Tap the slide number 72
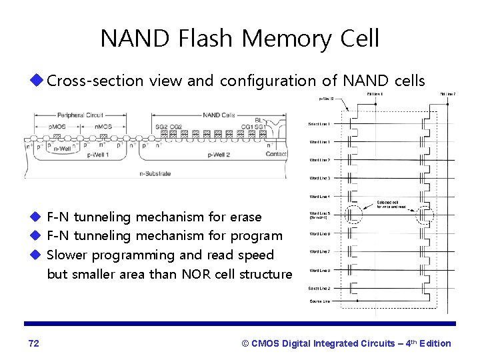pos(34,343)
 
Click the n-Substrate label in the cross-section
pos(155,173)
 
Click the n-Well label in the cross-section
pos(62,149)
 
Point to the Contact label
pos(275,154)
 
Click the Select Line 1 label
pos(319,124)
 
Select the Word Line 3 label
pos(319,179)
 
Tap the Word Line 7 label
pos(319,251)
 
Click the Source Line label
pos(320,301)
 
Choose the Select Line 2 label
pos(319,288)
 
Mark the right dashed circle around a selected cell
pos(424,216)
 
